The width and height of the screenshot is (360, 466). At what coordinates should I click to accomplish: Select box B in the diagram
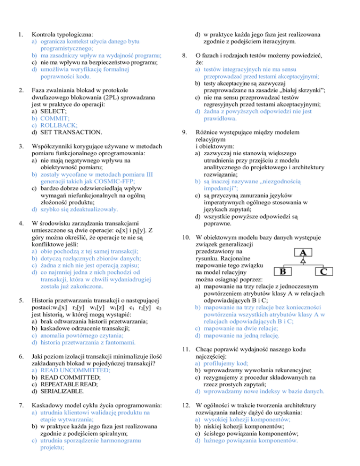click(x=282, y=271)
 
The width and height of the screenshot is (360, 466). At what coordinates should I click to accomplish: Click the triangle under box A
click(x=303, y=261)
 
